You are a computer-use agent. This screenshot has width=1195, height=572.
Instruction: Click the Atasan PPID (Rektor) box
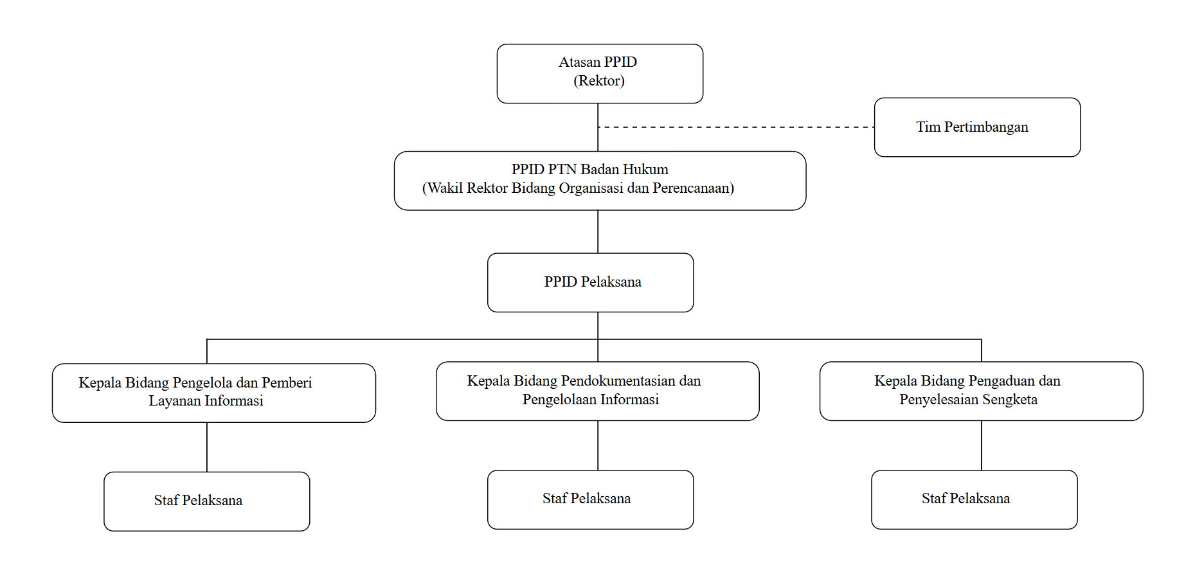600,73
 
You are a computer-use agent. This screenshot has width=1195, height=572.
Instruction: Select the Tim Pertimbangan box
977,127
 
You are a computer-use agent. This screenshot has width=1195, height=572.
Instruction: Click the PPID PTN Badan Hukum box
600,181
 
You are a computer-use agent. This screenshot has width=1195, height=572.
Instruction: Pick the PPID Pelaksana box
590,282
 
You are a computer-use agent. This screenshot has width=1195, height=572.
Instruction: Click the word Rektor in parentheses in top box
599,81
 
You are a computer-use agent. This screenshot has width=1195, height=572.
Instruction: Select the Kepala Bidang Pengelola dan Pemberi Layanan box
213,393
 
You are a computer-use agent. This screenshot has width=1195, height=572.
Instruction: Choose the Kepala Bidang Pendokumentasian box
597,391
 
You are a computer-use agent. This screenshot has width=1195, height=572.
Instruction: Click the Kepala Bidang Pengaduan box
981,391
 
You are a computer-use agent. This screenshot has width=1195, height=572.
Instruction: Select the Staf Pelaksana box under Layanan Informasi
206,501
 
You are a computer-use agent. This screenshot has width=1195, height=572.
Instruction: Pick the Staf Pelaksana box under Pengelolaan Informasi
590,499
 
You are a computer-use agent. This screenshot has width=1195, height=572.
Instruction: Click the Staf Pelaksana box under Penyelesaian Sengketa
974,499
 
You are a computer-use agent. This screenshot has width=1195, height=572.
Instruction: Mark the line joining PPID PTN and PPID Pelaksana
598,231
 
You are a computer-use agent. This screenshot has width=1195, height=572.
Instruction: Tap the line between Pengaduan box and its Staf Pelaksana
982,445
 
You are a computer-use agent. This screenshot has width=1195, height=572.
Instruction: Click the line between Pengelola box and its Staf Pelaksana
207,447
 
